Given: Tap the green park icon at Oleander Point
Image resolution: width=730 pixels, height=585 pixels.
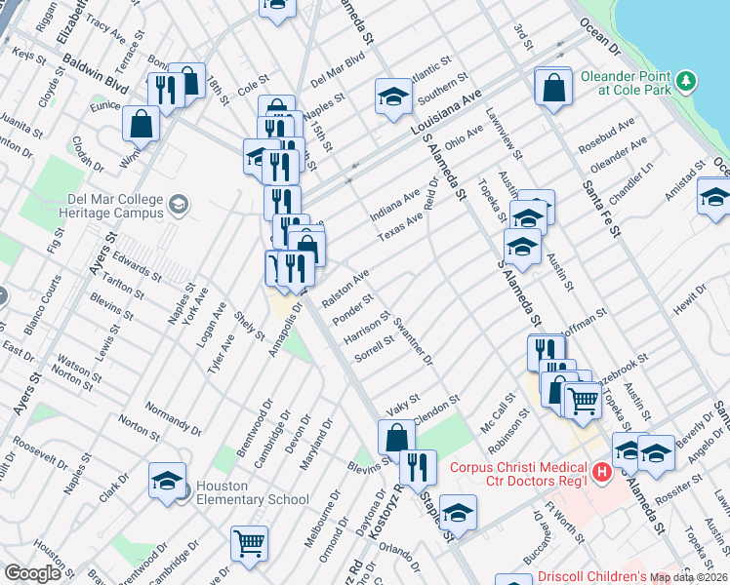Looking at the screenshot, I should [x=688, y=78].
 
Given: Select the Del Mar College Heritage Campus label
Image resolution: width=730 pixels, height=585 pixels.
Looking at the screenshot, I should [x=113, y=204].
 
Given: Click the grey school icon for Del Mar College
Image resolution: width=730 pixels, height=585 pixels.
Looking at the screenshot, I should [x=178, y=204].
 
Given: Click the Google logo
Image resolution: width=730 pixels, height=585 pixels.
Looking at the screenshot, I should [x=32, y=573].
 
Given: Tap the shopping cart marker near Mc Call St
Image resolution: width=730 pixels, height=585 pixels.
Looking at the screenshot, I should [x=583, y=398].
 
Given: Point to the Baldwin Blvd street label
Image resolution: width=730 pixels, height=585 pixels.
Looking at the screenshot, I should [x=96, y=74].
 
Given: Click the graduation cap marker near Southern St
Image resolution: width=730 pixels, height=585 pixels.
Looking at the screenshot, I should [x=393, y=97].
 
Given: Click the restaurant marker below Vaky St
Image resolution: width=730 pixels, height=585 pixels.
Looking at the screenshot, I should [x=418, y=466].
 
